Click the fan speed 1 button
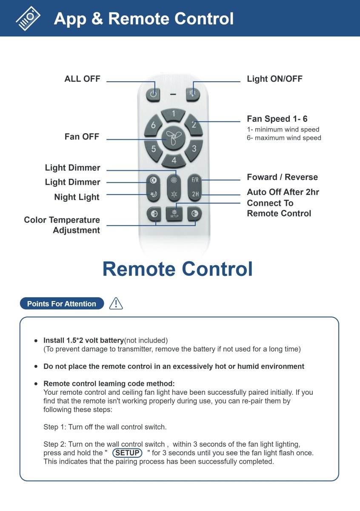coord(174,114)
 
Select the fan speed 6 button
coord(154,125)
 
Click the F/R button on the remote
coord(194,180)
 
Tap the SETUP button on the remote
coord(174,213)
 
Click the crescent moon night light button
coord(153,195)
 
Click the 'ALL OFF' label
coord(82,79)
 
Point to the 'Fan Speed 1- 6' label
coord(277,119)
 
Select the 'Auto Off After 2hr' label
coord(283,192)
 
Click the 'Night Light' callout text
coord(77,197)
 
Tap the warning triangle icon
coord(116,303)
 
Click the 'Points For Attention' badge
coord(62,304)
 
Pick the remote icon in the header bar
coord(28,18)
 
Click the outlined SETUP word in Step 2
coord(127,453)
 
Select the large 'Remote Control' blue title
coord(177,269)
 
